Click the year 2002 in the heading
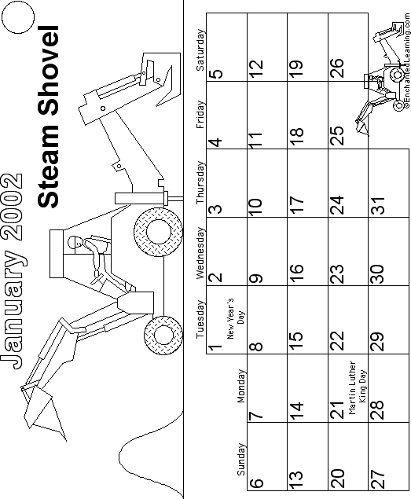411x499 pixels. tap(12, 207)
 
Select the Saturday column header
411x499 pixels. tap(200, 50)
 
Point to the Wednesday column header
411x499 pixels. tap(200, 253)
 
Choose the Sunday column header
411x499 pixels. tap(241, 459)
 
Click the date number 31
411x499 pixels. tap(377, 206)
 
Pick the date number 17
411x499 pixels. tap(296, 206)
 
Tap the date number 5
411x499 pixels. tap(216, 74)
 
